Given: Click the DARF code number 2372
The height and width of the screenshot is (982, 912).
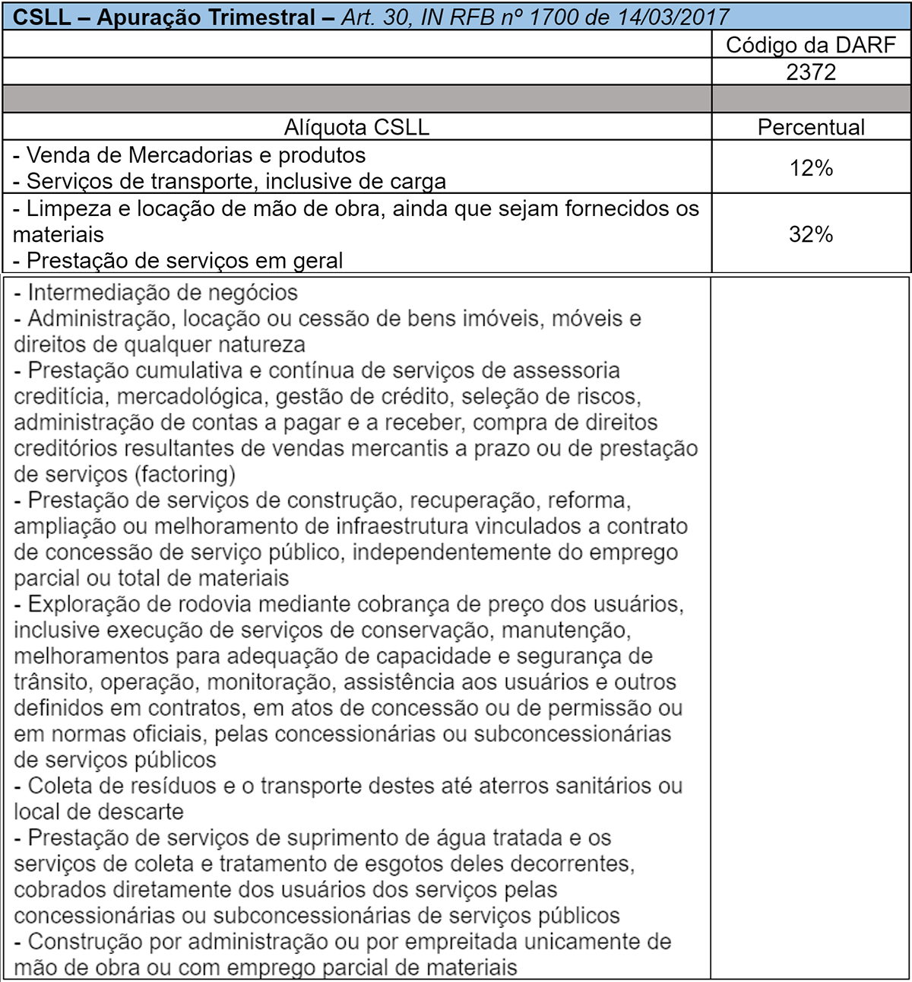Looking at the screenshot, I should coord(811,72).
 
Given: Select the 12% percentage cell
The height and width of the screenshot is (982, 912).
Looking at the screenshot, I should coord(811,167).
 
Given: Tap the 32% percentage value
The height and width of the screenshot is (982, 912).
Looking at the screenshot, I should coord(811,234).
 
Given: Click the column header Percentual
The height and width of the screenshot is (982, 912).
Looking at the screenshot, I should coord(811,127).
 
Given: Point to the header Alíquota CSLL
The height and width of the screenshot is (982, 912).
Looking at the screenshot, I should coord(356,127).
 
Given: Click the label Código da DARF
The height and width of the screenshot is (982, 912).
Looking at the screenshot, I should coord(811,45).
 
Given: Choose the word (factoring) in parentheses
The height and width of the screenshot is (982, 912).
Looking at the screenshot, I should coord(185,474).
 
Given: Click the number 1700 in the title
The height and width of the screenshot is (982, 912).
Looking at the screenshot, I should coord(559,17).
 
